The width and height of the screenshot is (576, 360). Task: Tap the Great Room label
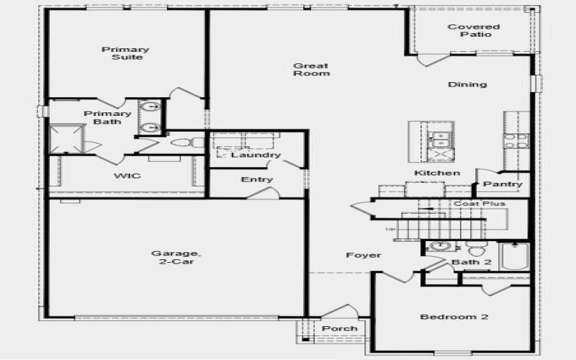pyautogui.click(x=311, y=70)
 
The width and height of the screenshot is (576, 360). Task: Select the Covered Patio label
pyautogui.click(x=474, y=31)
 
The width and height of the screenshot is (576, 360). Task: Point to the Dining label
pyautogui.click(x=467, y=84)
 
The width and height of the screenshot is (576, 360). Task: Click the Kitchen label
pyautogui.click(x=436, y=174)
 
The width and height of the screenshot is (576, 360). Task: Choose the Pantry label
pyautogui.click(x=503, y=184)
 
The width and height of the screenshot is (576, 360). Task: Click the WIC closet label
pyautogui.click(x=127, y=176)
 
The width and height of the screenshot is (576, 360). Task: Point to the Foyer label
pyautogui.click(x=364, y=255)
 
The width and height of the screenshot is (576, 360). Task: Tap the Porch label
pyautogui.click(x=339, y=328)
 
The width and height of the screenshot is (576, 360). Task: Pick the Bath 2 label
pyautogui.click(x=471, y=262)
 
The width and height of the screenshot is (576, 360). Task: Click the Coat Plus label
pyautogui.click(x=479, y=204)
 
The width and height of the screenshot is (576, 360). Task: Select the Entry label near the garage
pyautogui.click(x=257, y=179)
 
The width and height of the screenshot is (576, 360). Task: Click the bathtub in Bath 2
pyautogui.click(x=515, y=256)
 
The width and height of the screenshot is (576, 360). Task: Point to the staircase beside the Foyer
pyautogui.click(x=407, y=228)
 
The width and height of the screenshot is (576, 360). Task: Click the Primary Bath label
pyautogui.click(x=107, y=117)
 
